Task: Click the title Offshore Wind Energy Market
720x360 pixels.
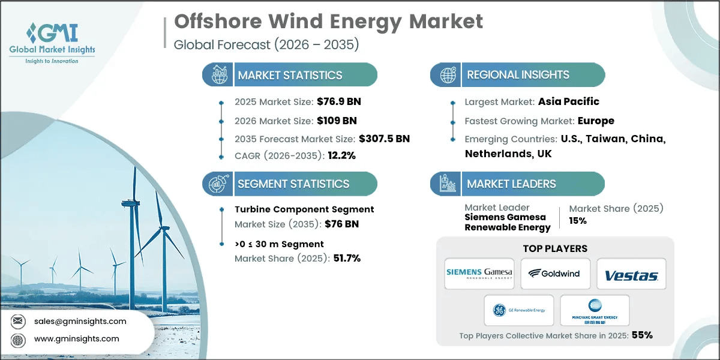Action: point(328,22)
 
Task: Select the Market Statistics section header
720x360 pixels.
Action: point(290,75)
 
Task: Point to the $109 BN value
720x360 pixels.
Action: point(337,121)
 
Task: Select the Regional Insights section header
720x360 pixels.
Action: point(518,75)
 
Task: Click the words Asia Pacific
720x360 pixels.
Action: point(568,101)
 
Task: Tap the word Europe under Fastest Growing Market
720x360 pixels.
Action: point(596,121)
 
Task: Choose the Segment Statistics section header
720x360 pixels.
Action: point(293,184)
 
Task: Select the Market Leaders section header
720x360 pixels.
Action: point(512,184)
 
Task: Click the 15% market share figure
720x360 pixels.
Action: point(578,220)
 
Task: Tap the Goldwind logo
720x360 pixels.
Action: point(555,273)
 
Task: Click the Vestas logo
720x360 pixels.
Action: point(631,275)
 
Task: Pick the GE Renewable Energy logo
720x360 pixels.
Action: point(518,310)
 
